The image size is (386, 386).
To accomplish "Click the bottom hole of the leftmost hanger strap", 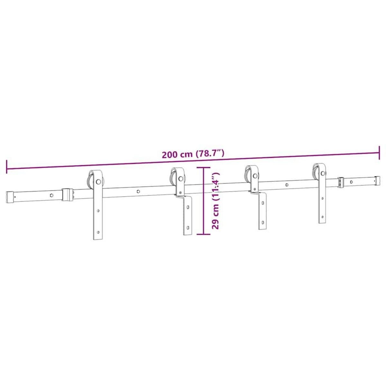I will tap(98, 231).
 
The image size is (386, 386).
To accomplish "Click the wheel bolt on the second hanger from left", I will tap(181, 178).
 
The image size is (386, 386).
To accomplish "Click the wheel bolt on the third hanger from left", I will tap(255, 176).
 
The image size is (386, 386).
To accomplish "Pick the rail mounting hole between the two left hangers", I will tap(138, 191).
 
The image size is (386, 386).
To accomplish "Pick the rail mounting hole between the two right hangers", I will tap(287, 185).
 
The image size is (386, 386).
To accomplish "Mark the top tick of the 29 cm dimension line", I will tap(203, 168).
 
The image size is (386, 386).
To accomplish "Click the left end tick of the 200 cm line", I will tap(6, 167).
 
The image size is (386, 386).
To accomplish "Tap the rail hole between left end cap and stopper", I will tap(51, 195).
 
